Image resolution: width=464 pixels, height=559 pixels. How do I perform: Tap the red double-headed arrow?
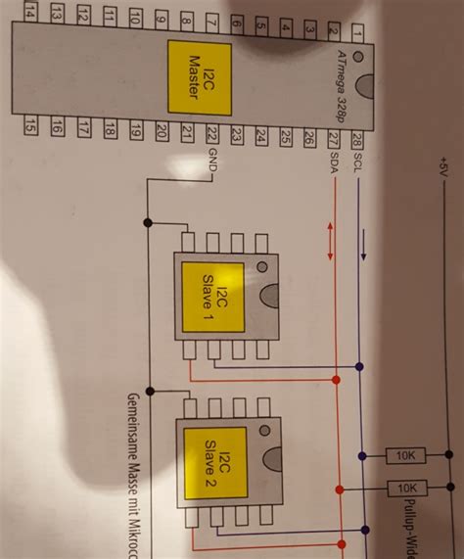tap(331, 241)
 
